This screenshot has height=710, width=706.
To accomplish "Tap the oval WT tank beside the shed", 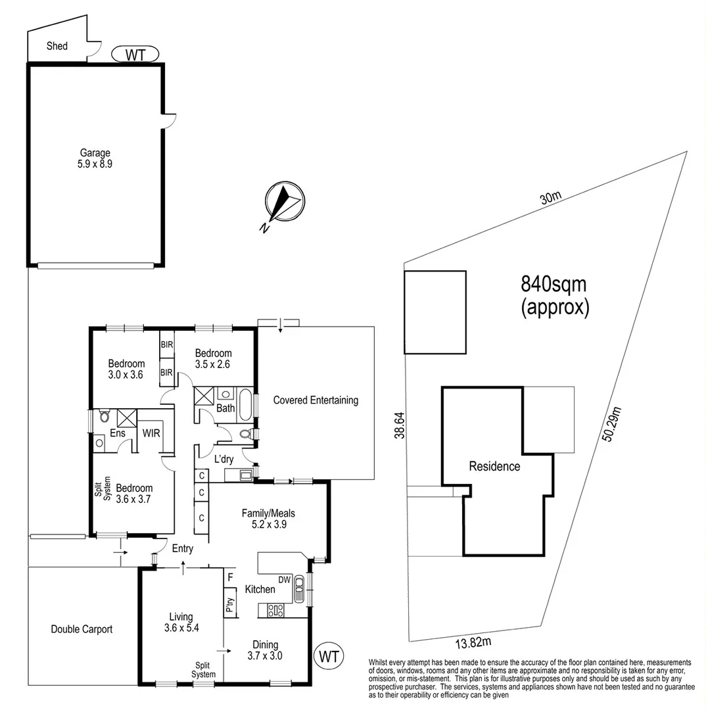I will click(135, 54).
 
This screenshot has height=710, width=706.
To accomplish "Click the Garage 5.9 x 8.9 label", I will click(95, 158).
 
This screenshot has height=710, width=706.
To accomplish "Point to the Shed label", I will click(57, 46).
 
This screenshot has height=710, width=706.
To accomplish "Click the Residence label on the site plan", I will click(494, 467).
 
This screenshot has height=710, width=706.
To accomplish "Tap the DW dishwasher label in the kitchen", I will click(285, 579).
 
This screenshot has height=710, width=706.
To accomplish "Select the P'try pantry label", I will click(230, 605).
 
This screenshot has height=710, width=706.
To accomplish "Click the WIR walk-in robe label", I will click(153, 433).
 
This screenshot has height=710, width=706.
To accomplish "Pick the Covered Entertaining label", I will click(316, 400).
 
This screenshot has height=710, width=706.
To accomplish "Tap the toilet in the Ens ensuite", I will click(104, 417).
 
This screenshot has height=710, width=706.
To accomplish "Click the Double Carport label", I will click(82, 629).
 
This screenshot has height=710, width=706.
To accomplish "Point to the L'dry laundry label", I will click(224, 458).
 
